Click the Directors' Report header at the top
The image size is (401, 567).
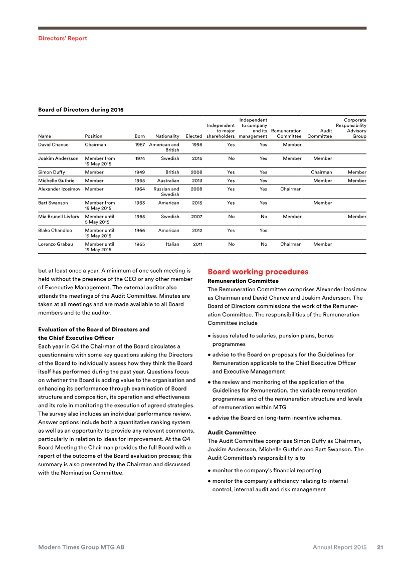click(63, 38)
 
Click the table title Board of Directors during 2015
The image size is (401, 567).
click(81, 109)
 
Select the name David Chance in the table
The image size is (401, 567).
click(53, 145)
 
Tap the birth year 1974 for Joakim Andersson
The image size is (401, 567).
click(140, 158)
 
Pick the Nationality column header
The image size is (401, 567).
click(167, 136)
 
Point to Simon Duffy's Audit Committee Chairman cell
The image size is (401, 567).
click(321, 172)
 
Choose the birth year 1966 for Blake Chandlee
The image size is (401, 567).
click(140, 231)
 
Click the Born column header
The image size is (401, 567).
click(140, 136)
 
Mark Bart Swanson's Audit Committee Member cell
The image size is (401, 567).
click(322, 203)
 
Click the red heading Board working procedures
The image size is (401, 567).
click(258, 272)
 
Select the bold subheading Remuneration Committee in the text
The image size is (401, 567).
click(243, 281)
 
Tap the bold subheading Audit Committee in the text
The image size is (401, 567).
click(232, 432)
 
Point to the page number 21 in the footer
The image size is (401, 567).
click(380, 547)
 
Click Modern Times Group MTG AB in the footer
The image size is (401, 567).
click(81, 547)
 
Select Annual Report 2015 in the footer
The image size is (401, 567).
click(340, 547)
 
